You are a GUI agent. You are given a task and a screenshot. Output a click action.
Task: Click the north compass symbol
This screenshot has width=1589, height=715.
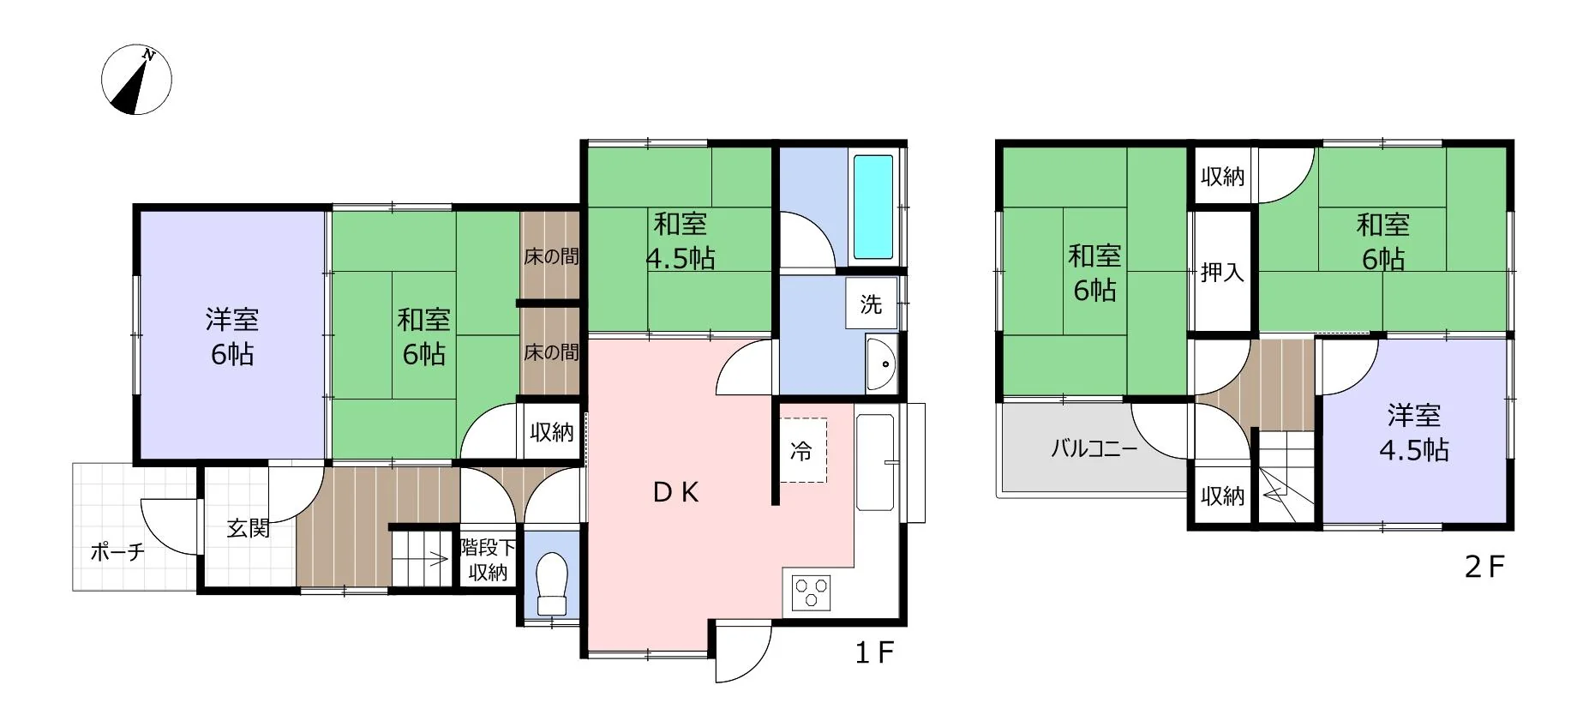pyautogui.click(x=136, y=80)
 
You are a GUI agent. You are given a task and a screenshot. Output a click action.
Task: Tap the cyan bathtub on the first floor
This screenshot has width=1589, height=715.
pyautogui.click(x=873, y=207)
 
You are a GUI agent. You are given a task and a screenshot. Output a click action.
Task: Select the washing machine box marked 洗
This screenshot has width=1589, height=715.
pyautogui.click(x=871, y=303)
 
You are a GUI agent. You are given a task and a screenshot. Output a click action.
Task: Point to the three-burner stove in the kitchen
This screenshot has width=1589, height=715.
pyautogui.click(x=811, y=592)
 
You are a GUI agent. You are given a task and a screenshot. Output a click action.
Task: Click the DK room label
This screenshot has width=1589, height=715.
pyautogui.click(x=676, y=492)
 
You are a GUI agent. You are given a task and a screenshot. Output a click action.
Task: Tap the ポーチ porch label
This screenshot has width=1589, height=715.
pyautogui.click(x=117, y=551)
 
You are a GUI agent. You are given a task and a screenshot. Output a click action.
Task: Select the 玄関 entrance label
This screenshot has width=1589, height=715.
pyautogui.click(x=249, y=528)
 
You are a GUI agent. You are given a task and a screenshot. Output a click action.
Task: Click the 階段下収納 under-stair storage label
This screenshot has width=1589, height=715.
pyautogui.click(x=488, y=560)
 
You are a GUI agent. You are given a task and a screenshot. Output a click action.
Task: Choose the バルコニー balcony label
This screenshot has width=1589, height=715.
pyautogui.click(x=1094, y=448)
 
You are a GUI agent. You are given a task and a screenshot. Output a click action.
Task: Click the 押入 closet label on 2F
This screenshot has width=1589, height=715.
pyautogui.click(x=1222, y=273)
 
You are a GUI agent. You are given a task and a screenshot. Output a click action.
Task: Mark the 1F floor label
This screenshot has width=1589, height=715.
pyautogui.click(x=874, y=653)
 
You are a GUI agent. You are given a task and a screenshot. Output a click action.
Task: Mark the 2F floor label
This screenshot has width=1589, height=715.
pyautogui.click(x=1484, y=567)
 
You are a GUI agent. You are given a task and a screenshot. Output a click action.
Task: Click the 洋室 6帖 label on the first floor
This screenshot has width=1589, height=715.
pyautogui.click(x=232, y=337)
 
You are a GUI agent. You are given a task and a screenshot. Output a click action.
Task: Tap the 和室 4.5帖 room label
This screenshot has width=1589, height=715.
pyautogui.click(x=681, y=241)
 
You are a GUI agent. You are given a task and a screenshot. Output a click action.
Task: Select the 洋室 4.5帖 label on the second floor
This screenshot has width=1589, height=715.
pyautogui.click(x=1414, y=433)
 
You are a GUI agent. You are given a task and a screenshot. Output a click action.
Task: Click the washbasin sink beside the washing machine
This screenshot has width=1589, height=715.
pyautogui.click(x=881, y=364)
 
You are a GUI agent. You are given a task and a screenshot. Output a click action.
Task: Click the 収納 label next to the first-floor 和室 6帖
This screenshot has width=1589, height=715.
pyautogui.click(x=551, y=432)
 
